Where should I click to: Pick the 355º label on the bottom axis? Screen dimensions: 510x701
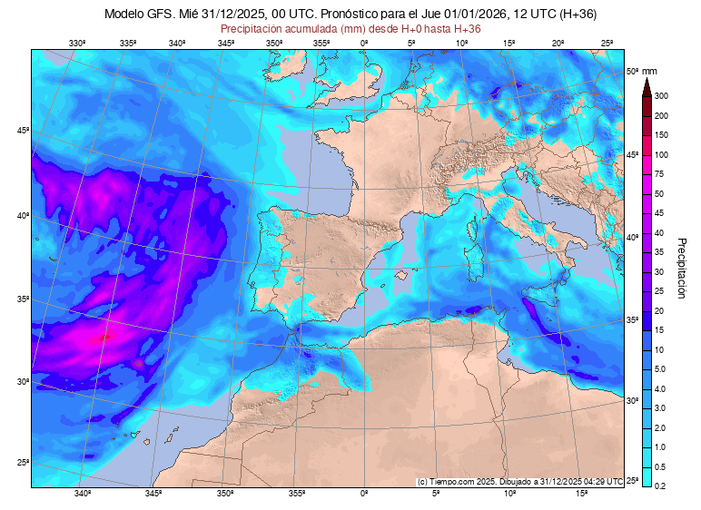point(296,494)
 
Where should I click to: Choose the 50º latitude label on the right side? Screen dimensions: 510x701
point(632,71)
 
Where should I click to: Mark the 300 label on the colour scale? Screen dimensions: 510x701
point(661,96)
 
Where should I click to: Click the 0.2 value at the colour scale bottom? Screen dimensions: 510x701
point(661,486)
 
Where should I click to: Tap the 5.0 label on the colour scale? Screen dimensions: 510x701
point(661,369)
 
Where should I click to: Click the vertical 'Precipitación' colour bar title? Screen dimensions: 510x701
point(681,268)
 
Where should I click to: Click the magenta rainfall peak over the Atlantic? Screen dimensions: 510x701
point(104,336)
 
